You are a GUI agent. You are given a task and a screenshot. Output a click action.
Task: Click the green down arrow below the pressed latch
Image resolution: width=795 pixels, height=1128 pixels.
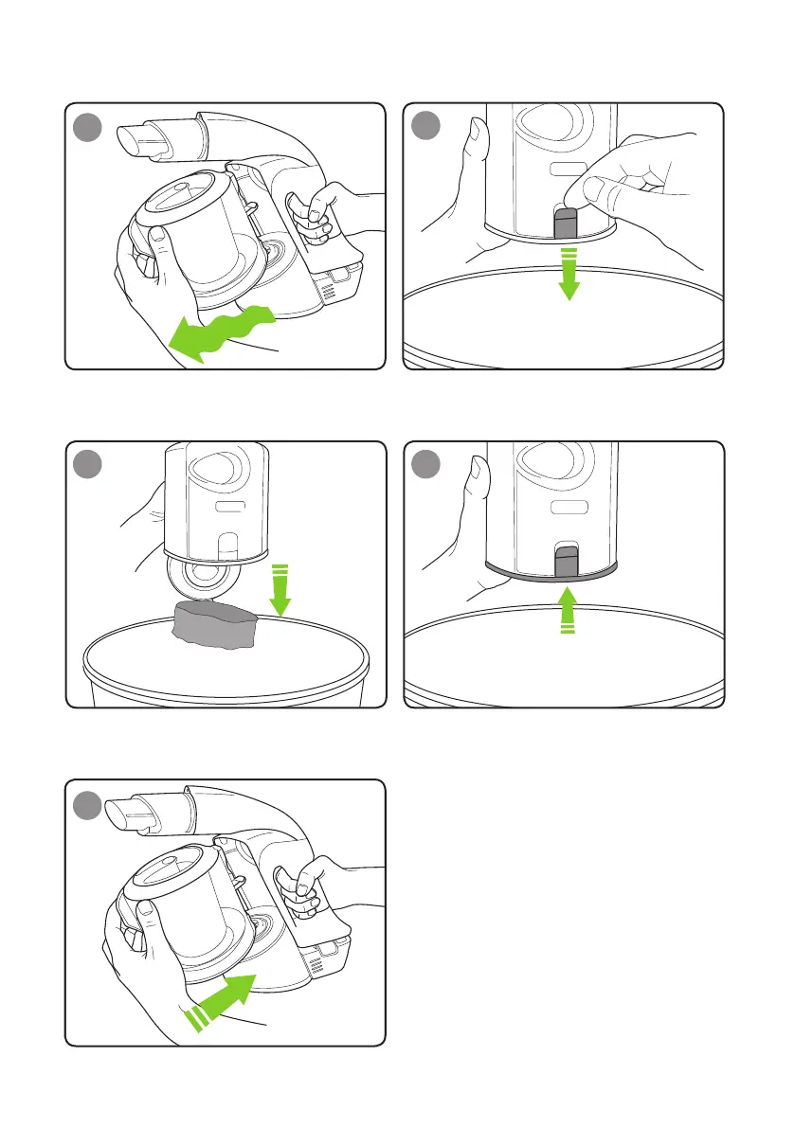point(567,271)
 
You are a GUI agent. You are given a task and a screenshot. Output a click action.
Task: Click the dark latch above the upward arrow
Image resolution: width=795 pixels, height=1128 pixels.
point(566,561)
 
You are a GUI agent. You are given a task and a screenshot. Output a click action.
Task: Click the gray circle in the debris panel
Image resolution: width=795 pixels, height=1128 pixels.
point(91,467)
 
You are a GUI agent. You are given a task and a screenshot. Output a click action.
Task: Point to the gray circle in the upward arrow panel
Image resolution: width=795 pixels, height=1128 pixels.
point(430,467)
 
